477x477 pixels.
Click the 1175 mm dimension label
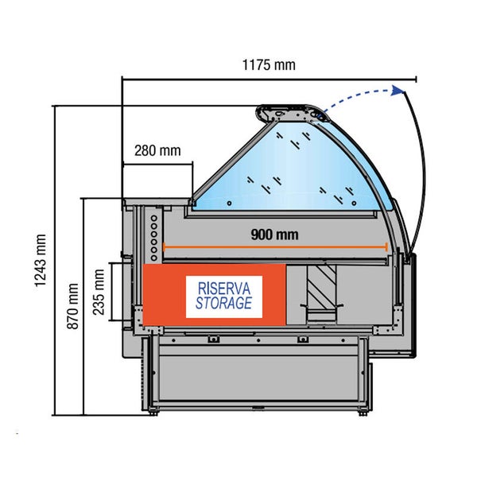click(268, 66)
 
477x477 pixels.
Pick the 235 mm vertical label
click(99, 293)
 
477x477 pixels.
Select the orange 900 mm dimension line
click(274, 246)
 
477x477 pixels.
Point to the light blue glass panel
click(294, 171)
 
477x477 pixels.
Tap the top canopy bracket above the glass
click(294, 114)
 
